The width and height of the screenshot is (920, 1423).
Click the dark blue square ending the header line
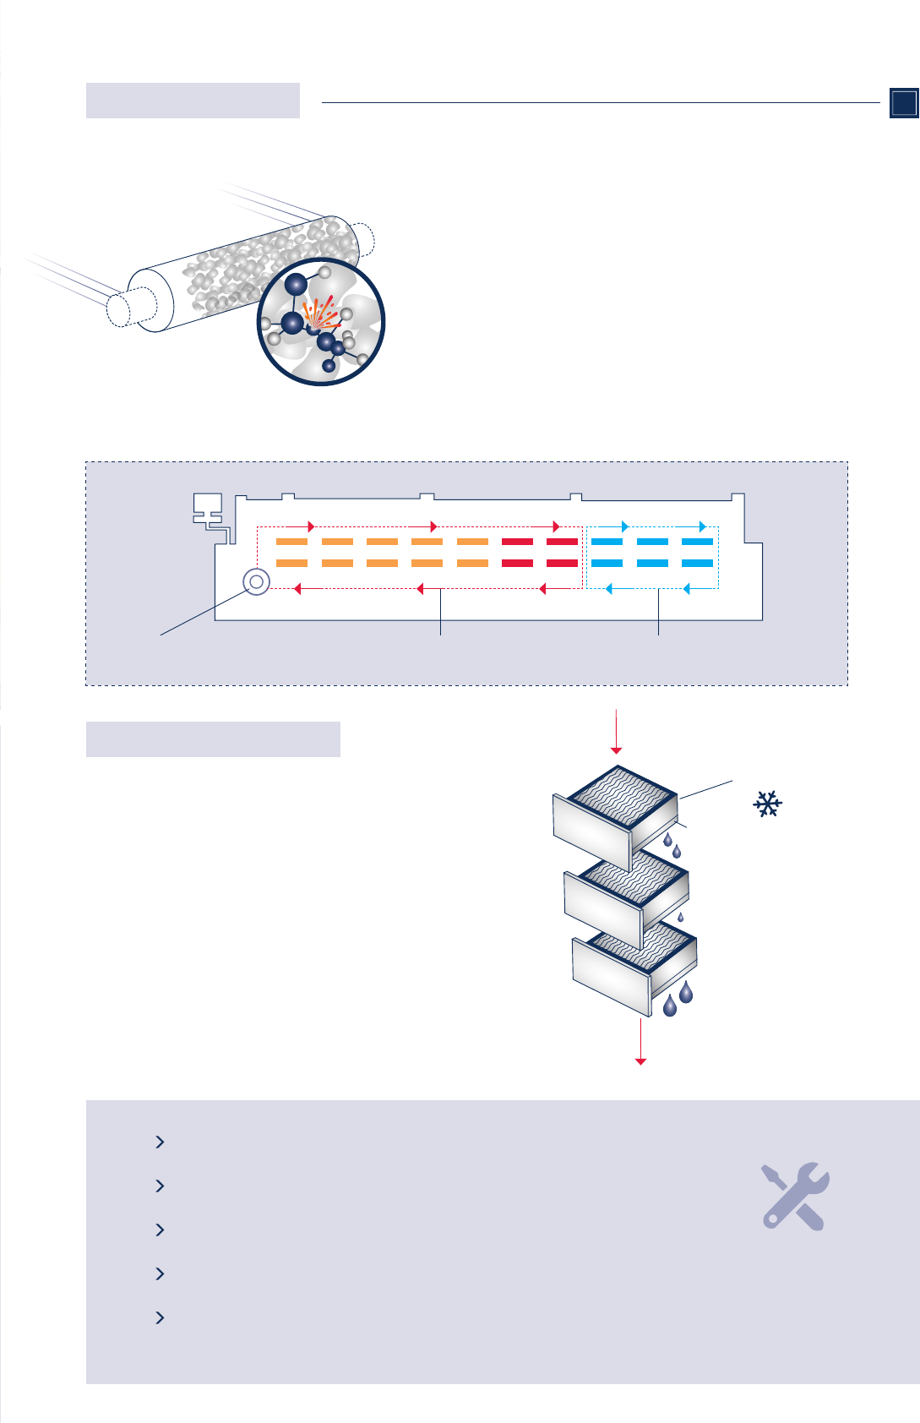[904, 102]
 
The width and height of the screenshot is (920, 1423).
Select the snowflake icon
[767, 804]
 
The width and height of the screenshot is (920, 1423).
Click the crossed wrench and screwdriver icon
[794, 1196]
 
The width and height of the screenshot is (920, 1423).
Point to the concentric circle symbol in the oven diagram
[256, 581]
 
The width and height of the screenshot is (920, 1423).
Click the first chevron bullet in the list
[160, 1142]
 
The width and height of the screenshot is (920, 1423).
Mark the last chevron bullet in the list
[160, 1317]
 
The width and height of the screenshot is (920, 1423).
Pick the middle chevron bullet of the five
[160, 1230]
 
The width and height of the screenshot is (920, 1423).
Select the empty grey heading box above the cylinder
[193, 101]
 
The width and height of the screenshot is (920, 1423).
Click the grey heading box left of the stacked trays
[213, 739]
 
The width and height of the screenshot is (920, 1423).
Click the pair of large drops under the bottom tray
[678, 1000]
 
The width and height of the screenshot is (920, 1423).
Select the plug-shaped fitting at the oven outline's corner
[208, 510]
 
